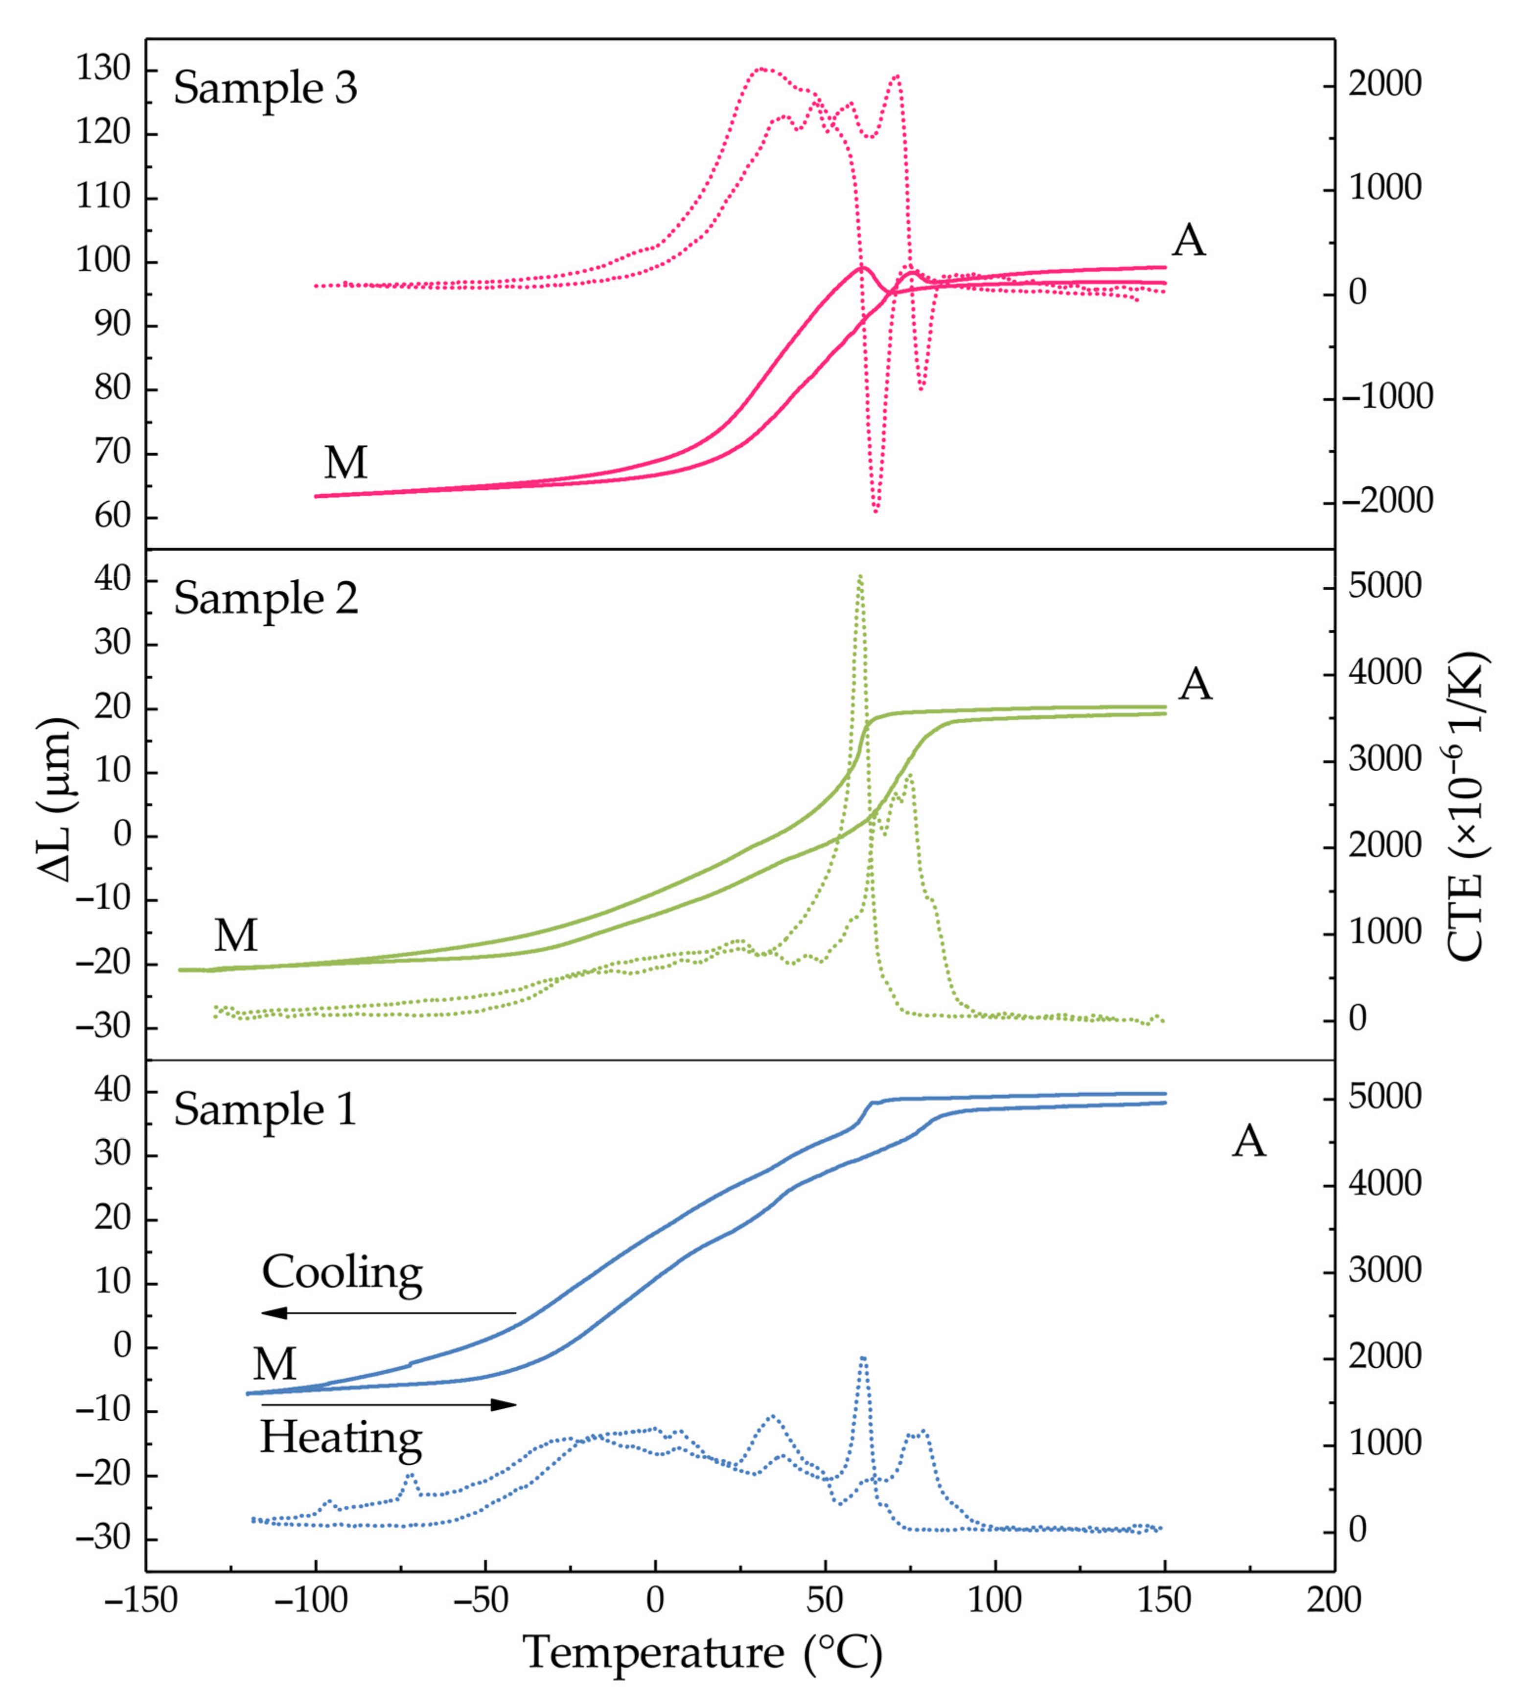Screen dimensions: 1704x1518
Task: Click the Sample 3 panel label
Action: tap(265, 88)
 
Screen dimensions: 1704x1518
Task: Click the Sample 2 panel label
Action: tap(265, 599)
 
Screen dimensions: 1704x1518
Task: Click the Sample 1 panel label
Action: tap(265, 1110)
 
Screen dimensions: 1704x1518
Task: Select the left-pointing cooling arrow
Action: tap(389, 1313)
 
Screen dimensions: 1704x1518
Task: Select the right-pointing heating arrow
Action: tap(389, 1405)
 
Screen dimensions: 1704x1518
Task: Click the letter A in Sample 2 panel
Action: tap(1195, 684)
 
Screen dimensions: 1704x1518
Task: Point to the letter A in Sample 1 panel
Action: tap(1248, 1141)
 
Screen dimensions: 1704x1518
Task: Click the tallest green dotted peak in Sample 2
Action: tap(860, 576)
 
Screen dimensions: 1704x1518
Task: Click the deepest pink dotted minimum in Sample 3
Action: tap(876, 510)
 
